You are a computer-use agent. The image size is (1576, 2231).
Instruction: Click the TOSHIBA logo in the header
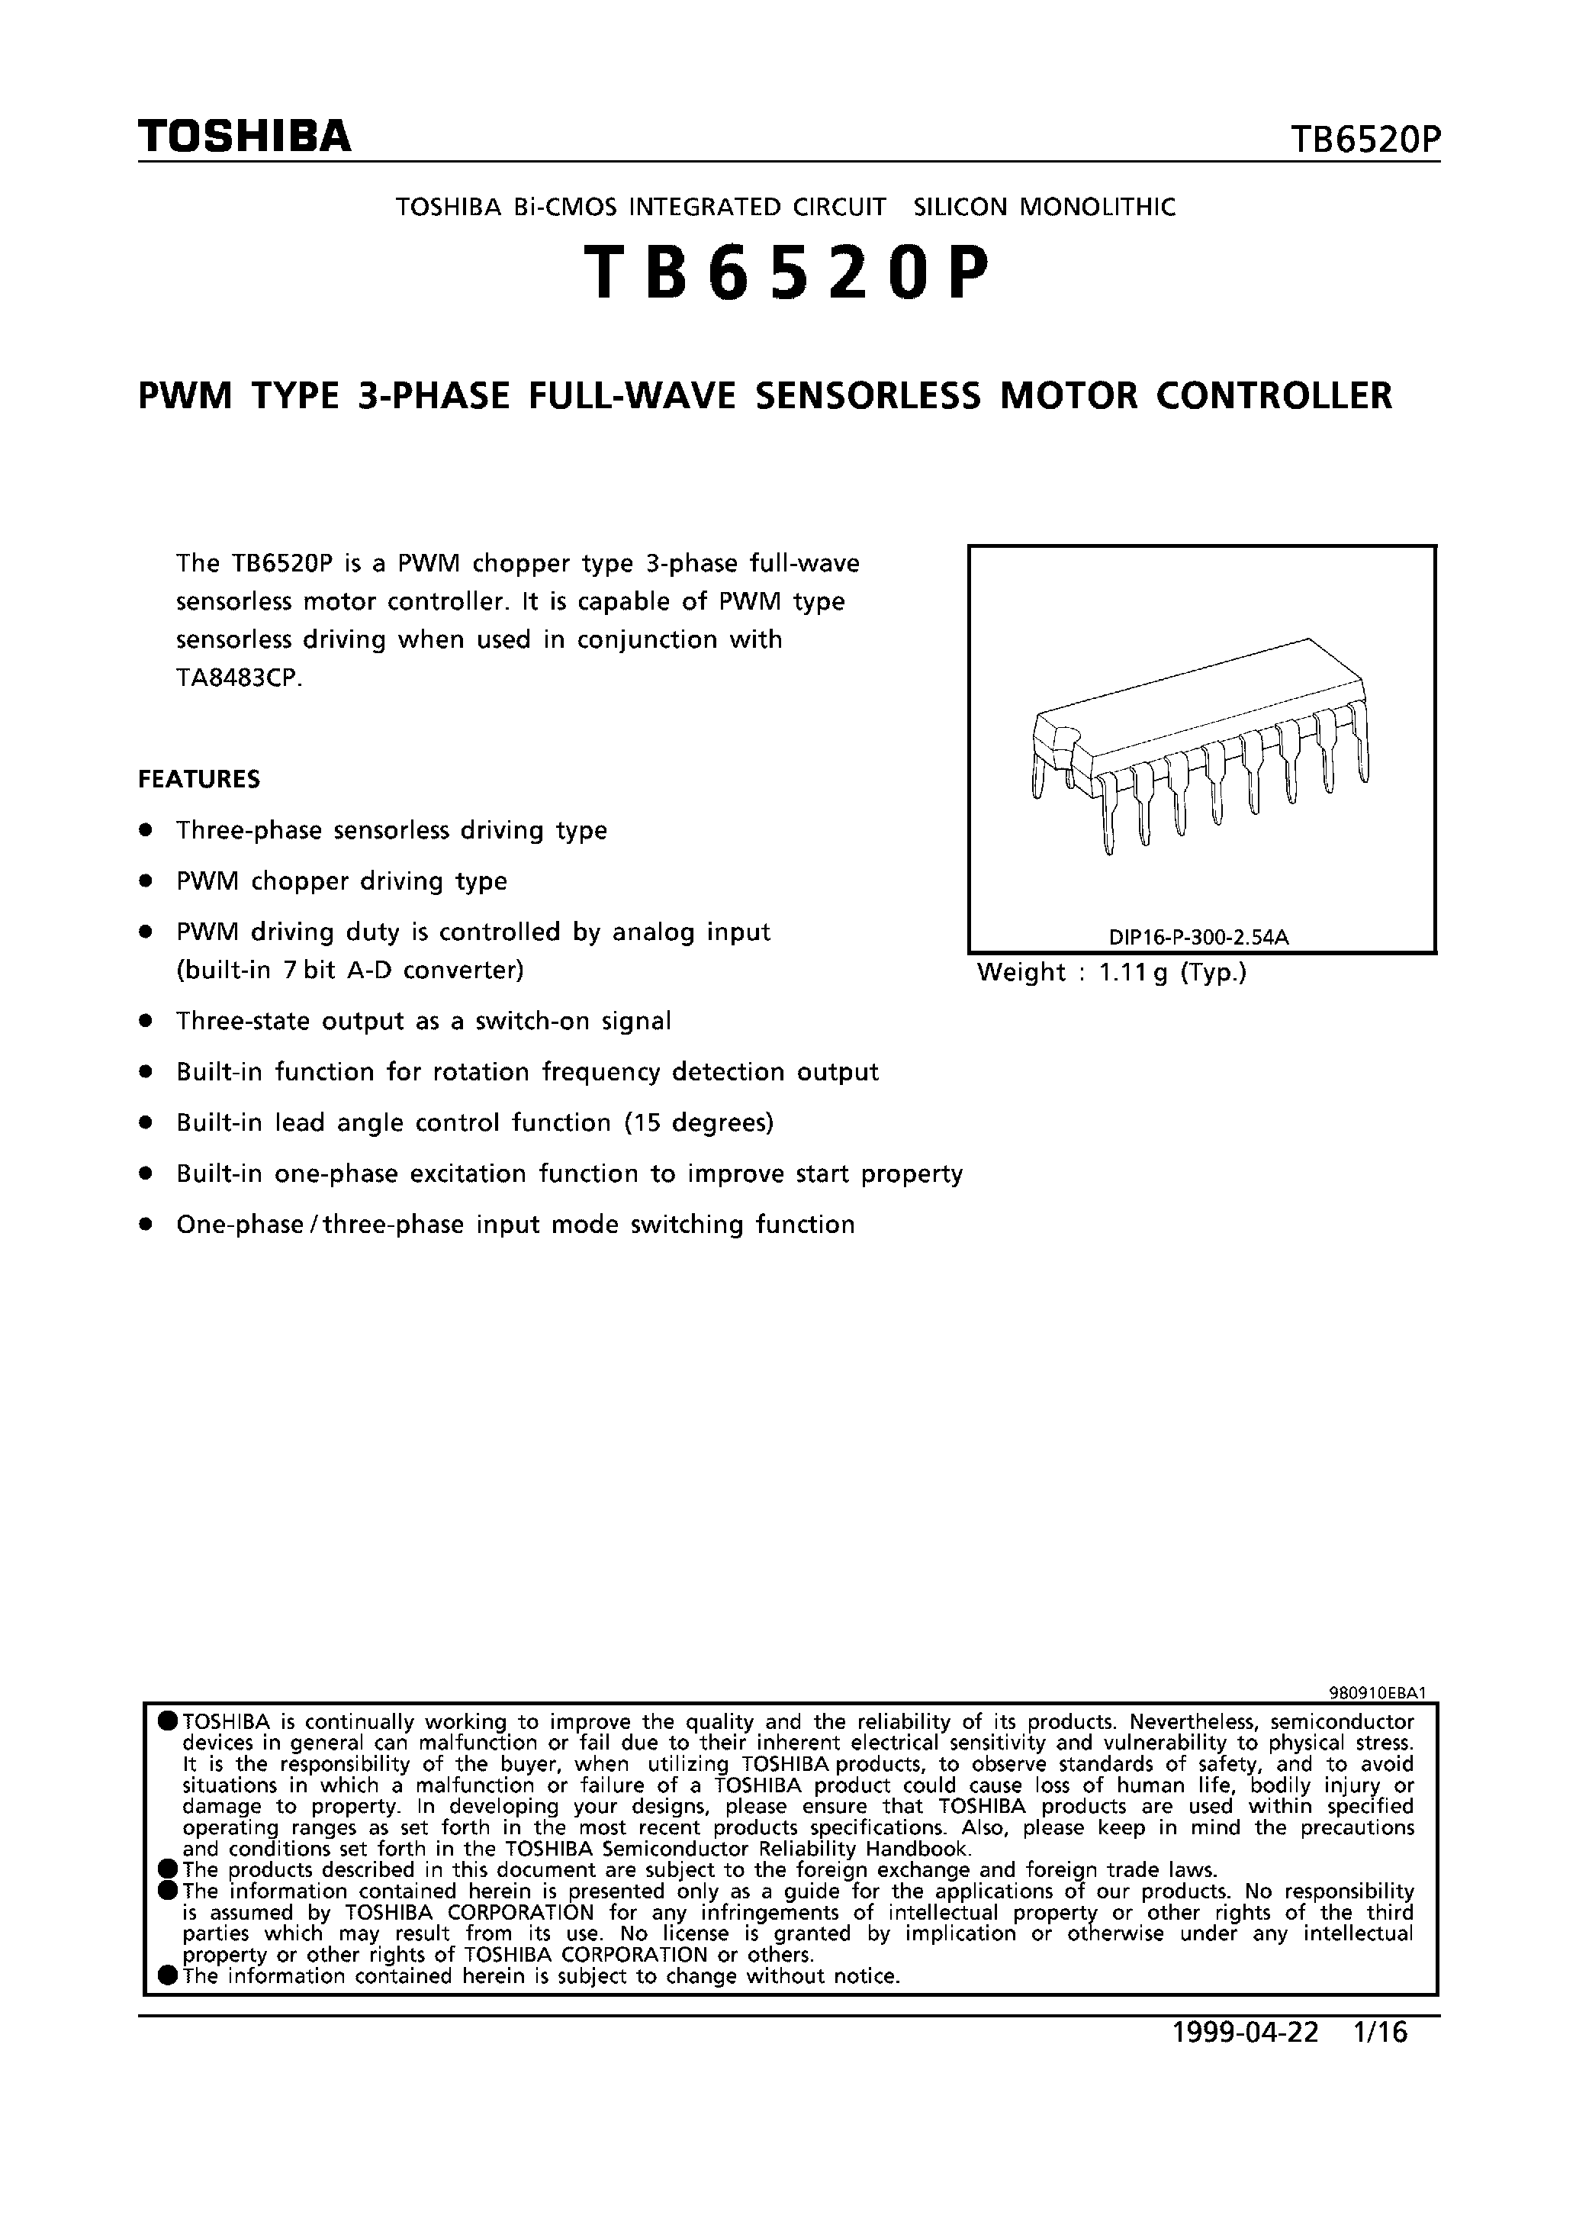click(244, 137)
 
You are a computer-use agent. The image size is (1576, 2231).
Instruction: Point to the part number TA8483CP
click(239, 678)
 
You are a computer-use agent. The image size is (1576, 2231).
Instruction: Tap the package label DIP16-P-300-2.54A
click(1198, 938)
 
